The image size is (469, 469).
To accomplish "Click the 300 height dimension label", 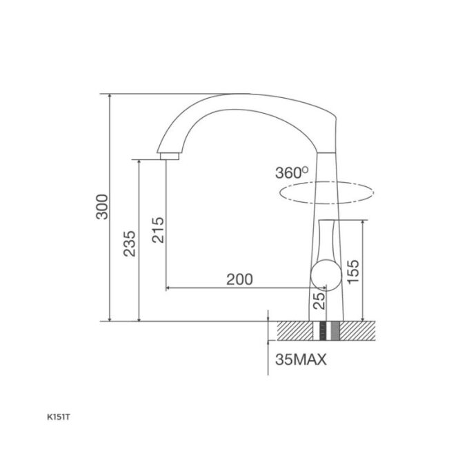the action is [102, 207].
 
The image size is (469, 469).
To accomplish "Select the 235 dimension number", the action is [130, 243].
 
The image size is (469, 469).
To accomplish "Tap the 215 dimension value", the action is [158, 230].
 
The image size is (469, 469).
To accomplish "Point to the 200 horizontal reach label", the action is [239, 279].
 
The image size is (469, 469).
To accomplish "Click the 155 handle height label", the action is [353, 271].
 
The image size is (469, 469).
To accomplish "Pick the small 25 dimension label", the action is [319, 301].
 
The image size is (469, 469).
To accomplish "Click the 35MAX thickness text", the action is [301, 359].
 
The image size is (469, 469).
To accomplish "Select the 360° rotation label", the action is [292, 172].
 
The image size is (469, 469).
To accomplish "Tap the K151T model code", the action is [59, 417].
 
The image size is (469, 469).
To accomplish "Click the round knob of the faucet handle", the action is [326, 275].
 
